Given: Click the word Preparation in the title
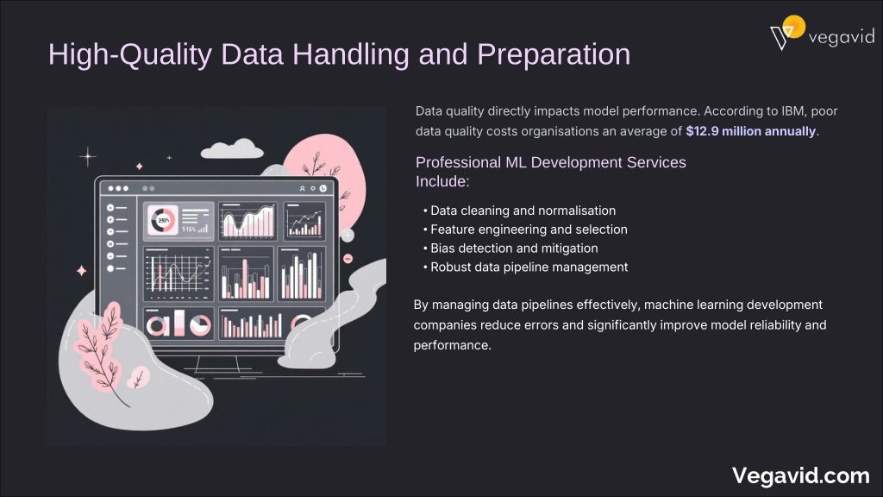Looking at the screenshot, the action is [x=554, y=54].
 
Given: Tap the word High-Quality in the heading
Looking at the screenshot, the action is [x=130, y=54].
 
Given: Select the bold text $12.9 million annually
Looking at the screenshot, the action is [x=751, y=131].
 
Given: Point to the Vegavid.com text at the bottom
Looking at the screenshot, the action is [x=801, y=475].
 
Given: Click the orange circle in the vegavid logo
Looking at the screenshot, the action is [x=794, y=26].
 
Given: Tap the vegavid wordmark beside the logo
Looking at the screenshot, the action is [x=842, y=37].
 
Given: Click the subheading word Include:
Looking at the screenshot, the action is [x=442, y=181].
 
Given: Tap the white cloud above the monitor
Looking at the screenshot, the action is [x=232, y=149].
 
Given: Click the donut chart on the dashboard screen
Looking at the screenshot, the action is [x=163, y=220].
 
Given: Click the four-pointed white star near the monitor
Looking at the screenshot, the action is [x=88, y=156].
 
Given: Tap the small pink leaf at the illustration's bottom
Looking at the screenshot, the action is [x=137, y=377].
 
